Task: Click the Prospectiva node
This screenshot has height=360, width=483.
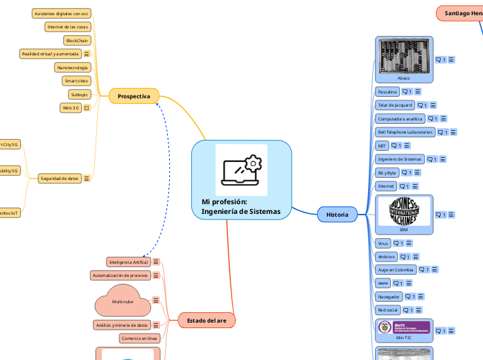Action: [134, 96]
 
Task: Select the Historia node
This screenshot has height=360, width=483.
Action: [337, 215]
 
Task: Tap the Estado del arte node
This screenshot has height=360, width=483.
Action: [207, 321]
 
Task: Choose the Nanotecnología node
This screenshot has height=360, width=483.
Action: [72, 67]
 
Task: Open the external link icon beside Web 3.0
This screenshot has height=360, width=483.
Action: [87, 108]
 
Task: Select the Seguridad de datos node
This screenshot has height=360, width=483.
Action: [59, 178]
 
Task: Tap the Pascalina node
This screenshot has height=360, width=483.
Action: [387, 91]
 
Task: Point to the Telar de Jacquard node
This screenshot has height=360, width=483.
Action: [394, 105]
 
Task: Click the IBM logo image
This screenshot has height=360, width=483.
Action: [403, 211]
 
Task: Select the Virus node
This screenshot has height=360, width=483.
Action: [383, 243]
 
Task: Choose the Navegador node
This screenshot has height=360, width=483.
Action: [389, 296]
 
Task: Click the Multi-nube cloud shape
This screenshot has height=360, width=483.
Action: [122, 301]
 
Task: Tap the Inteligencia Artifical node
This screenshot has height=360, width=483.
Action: [128, 262]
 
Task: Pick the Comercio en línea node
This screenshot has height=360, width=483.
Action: [139, 338]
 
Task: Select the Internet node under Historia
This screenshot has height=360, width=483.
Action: [386, 186]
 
